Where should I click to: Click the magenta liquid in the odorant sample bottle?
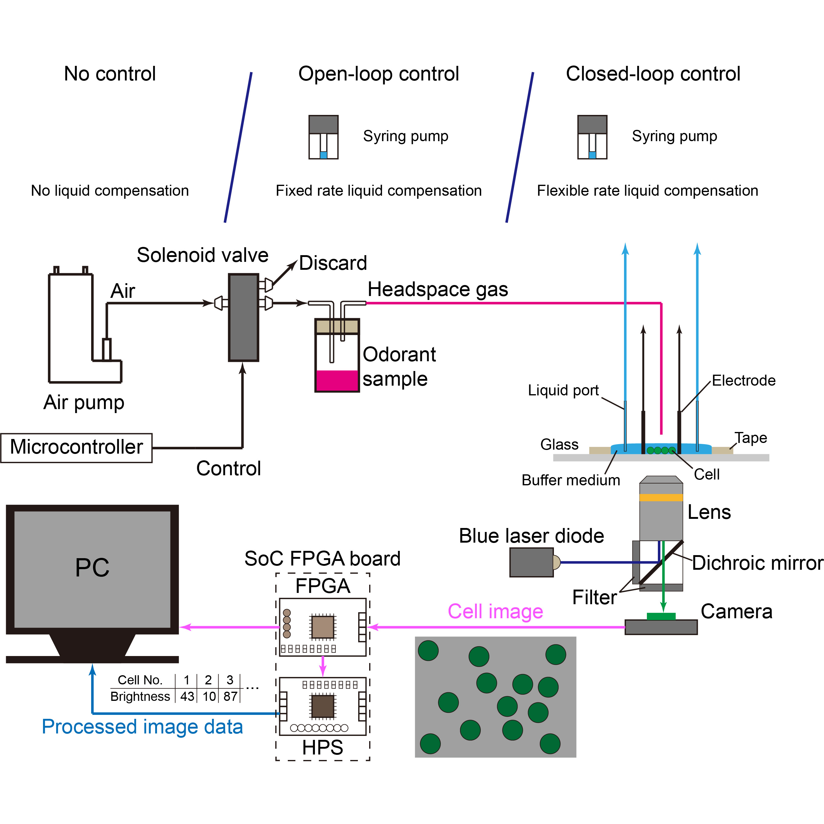coord(337,380)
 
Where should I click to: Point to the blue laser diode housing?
coord(531,562)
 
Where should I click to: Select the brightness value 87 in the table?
coord(230,697)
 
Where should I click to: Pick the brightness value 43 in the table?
coord(187,697)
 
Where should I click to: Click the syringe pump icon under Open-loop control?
coord(323,137)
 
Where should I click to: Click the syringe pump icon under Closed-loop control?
coord(592,137)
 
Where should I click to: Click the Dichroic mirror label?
coord(757,563)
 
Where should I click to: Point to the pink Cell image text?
coord(495,611)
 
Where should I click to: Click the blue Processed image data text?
coord(142,726)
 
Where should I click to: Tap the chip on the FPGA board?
coord(323,627)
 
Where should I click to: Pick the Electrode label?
coord(744,380)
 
